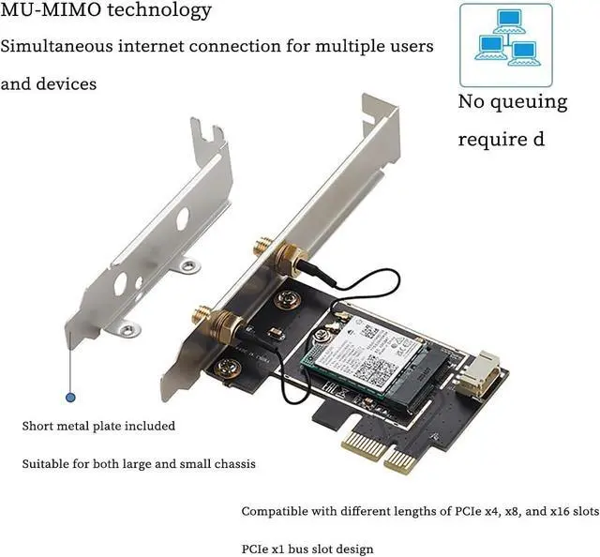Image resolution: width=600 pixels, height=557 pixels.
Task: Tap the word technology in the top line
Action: pyautogui.click(x=154, y=12)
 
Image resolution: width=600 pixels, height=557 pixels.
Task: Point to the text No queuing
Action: pyautogui.click(x=512, y=101)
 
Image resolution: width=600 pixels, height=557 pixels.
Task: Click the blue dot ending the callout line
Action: pyautogui.click(x=69, y=398)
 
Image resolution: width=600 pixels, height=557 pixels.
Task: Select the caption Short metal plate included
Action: pyautogui.click(x=98, y=426)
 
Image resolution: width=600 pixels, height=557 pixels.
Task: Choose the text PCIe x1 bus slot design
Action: pyautogui.click(x=307, y=549)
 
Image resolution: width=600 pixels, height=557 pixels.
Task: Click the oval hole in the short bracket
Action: pyautogui.click(x=182, y=218)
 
